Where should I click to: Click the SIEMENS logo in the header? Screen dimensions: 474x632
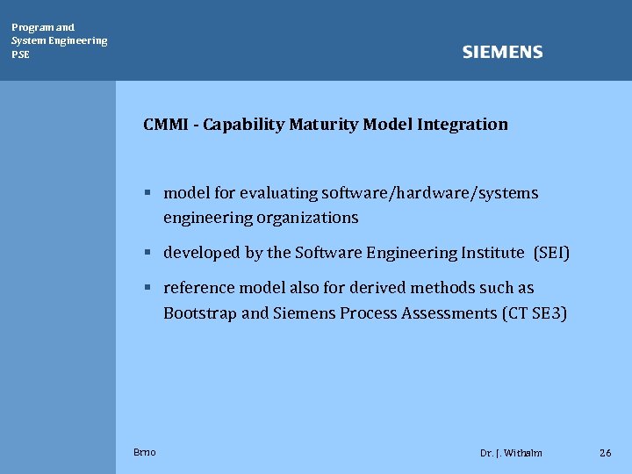click(x=502, y=53)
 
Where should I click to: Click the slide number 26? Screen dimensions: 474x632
click(x=605, y=453)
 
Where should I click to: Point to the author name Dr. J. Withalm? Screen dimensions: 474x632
click(x=511, y=453)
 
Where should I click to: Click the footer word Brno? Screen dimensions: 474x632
click(x=145, y=452)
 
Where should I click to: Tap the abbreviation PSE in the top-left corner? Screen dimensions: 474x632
click(x=20, y=54)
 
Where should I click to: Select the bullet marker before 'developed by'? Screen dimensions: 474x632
click(x=150, y=253)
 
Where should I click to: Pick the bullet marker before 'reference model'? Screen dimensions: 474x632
click(x=150, y=288)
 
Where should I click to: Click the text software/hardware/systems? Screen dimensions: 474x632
click(x=430, y=193)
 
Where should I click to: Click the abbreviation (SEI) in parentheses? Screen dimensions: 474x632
click(x=551, y=253)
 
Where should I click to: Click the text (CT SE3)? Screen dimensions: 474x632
click(x=535, y=313)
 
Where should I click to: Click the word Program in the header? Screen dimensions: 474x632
click(x=32, y=27)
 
